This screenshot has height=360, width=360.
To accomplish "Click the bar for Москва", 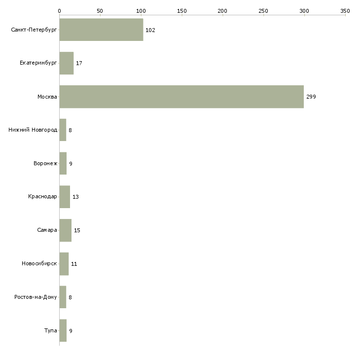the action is click(181, 97).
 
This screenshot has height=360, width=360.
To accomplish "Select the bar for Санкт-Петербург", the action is click(101, 30).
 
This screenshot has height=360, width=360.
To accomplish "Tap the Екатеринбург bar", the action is click(67, 63).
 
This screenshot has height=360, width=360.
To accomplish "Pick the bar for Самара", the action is click(66, 230).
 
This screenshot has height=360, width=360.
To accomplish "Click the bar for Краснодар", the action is click(65, 197).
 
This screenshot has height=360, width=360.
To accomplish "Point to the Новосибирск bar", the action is click(64, 264).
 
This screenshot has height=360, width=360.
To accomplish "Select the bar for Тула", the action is click(63, 330).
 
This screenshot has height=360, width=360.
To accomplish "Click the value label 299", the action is click(311, 97).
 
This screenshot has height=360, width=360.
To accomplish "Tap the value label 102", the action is click(150, 30).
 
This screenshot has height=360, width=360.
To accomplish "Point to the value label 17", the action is click(79, 63).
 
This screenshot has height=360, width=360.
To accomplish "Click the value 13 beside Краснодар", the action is click(75, 197).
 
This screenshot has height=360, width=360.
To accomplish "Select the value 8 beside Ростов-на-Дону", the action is click(70, 297).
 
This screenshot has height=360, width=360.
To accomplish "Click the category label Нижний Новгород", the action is click(33, 130).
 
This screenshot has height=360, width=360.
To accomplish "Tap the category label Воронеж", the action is click(45, 163).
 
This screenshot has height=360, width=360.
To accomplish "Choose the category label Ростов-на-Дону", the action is click(36, 297).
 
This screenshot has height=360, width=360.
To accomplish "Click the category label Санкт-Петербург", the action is click(34, 30).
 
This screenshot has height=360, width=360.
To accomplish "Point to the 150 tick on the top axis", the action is click(182, 11).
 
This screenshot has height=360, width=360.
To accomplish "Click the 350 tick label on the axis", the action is click(345, 11).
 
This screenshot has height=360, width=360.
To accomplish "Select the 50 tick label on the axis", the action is click(100, 11).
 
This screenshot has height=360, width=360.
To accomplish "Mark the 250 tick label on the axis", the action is click(263, 11).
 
